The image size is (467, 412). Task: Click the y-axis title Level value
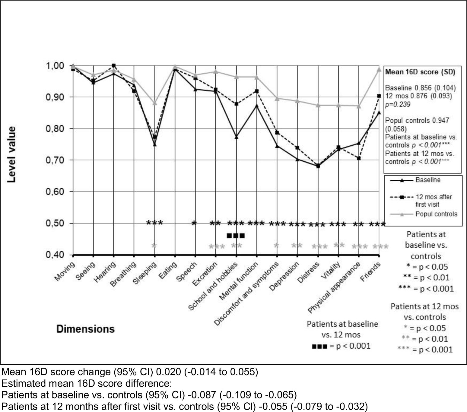pyautogui.click(x=11, y=154)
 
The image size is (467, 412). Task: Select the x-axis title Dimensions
pyautogui.click(x=85, y=329)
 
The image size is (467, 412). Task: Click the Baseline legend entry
pyautogui.click(x=428, y=180)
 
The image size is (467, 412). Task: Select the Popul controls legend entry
pyautogui.click(x=436, y=214)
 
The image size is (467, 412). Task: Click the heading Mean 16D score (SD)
pyautogui.click(x=420, y=72)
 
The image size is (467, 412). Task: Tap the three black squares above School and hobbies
pyautogui.click(x=236, y=236)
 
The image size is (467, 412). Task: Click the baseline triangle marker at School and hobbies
pyautogui.click(x=237, y=137)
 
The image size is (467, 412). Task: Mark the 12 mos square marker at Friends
pyautogui.click(x=379, y=96)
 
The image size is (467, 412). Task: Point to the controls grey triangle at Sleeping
pyautogui.click(x=155, y=103)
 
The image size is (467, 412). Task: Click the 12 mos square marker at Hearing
pyautogui.click(x=114, y=65)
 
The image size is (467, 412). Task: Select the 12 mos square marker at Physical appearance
pyautogui.click(x=359, y=158)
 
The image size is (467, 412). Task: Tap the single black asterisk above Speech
pyautogui.click(x=194, y=223)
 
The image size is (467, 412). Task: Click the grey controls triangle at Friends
pyautogui.click(x=379, y=69)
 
